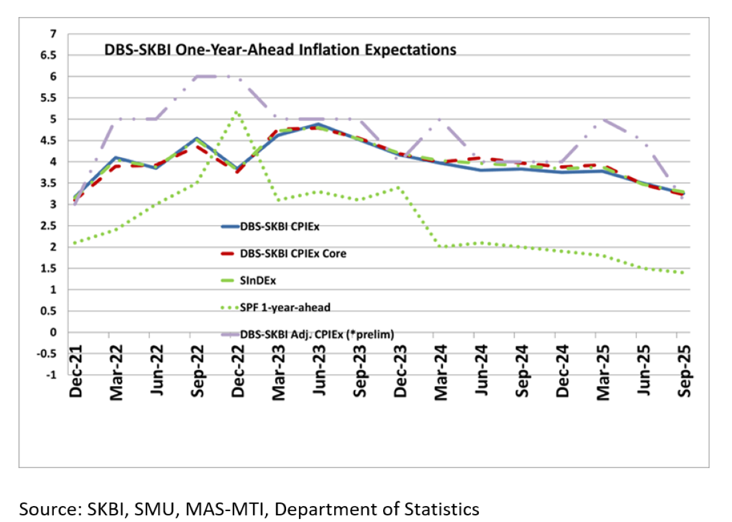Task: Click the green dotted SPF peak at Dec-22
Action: pyautogui.click(x=237, y=112)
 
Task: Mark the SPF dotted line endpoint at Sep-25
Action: pyautogui.click(x=682, y=273)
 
